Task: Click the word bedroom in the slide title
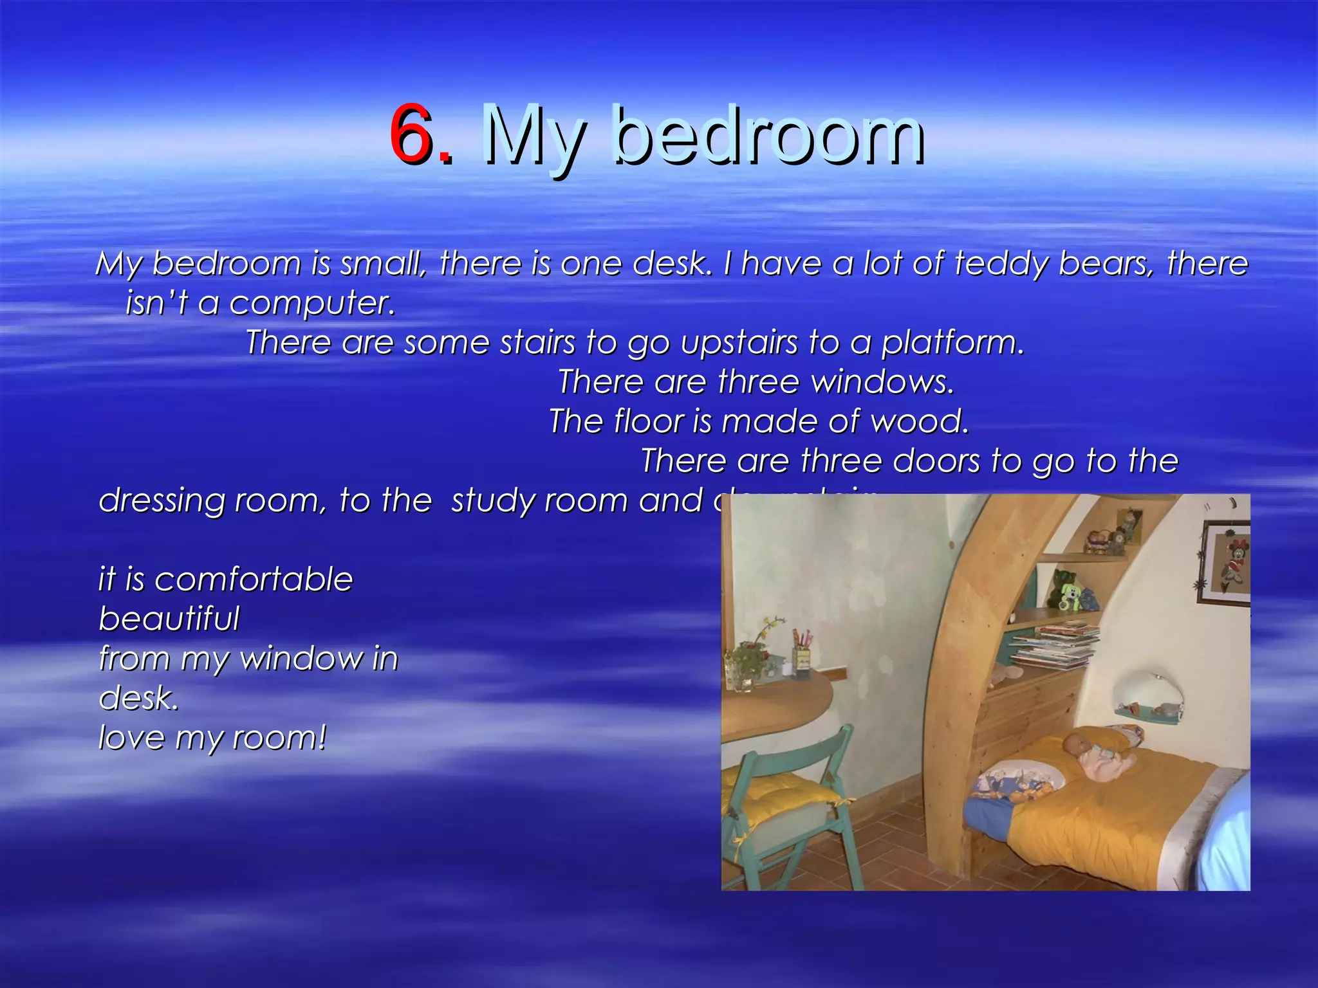[x=769, y=136]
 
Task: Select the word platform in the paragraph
[x=952, y=342]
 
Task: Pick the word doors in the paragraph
[x=936, y=461]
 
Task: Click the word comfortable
[x=254, y=579]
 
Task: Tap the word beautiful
[x=169, y=619]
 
